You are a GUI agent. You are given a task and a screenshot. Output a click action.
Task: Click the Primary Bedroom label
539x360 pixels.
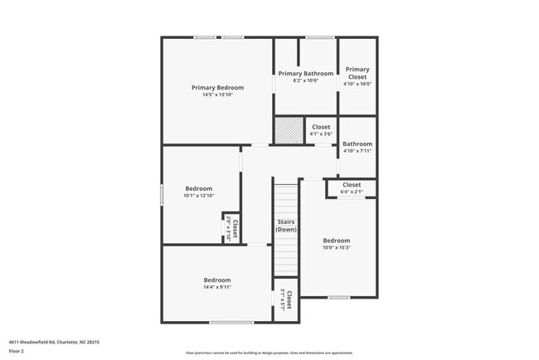pyautogui.click(x=217, y=88)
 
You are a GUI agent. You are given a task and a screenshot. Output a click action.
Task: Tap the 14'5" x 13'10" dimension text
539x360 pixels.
pyautogui.click(x=217, y=95)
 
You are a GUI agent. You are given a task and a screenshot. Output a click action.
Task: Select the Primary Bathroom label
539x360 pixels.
pyautogui.click(x=304, y=74)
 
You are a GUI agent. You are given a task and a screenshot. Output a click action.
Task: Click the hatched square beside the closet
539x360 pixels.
pyautogui.click(x=289, y=131)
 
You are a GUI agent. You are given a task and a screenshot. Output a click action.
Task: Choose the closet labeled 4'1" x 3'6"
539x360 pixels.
pyautogui.click(x=320, y=130)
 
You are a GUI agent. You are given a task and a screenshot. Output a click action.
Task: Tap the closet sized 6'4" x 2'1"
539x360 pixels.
pyautogui.click(x=352, y=188)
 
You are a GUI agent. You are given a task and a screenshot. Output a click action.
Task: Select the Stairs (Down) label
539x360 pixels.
pyautogui.click(x=286, y=225)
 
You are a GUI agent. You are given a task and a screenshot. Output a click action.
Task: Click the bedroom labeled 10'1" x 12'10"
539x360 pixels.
pyautogui.click(x=198, y=192)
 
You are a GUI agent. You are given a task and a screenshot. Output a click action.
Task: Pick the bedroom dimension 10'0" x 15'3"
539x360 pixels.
pyautogui.click(x=337, y=247)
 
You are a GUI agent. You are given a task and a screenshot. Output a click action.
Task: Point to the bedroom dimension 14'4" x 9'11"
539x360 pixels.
pyautogui.click(x=217, y=287)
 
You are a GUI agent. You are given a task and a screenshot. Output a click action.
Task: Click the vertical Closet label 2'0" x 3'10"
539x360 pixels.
pyautogui.click(x=232, y=228)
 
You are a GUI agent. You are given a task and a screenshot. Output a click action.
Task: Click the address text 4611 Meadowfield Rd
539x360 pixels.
pyautogui.click(x=41, y=342)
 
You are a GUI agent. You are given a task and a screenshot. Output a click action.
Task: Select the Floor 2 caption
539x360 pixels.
pyautogui.click(x=17, y=352)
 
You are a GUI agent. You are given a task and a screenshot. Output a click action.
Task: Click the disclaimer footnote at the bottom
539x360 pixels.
pyautogui.click(x=269, y=353)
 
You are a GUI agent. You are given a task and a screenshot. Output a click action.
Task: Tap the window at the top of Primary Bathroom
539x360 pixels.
pyautogui.click(x=319, y=37)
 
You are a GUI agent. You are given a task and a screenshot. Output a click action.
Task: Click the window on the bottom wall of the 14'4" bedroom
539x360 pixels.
pyautogui.click(x=231, y=323)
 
